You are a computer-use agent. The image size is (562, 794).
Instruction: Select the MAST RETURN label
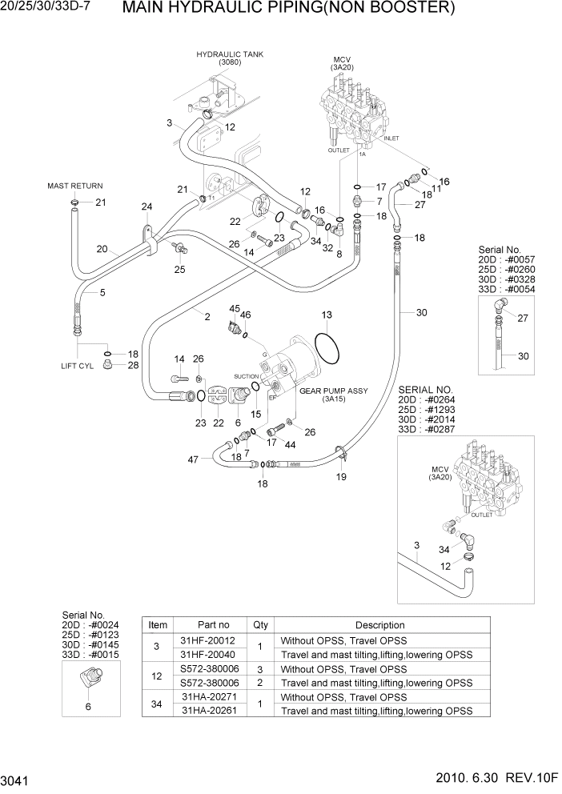point(75,186)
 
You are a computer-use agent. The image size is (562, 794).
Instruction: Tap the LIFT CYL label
point(77,366)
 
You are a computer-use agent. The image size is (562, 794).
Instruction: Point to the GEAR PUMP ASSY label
point(333,391)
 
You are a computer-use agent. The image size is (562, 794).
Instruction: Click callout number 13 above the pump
point(327,315)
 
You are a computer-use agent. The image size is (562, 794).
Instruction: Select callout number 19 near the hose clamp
point(341,477)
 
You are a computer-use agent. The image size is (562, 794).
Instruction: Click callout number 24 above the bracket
point(147,207)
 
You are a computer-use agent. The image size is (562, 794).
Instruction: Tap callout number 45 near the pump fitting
point(235,308)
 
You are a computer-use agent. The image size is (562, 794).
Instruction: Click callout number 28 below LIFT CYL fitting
point(134,365)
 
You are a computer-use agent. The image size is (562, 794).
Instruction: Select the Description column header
point(379,625)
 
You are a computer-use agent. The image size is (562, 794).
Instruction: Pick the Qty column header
point(260,625)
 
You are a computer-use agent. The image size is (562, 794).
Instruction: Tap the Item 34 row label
point(159,704)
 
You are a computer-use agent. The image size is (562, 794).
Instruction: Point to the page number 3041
point(17,779)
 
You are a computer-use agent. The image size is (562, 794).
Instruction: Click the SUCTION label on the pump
point(246,376)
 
